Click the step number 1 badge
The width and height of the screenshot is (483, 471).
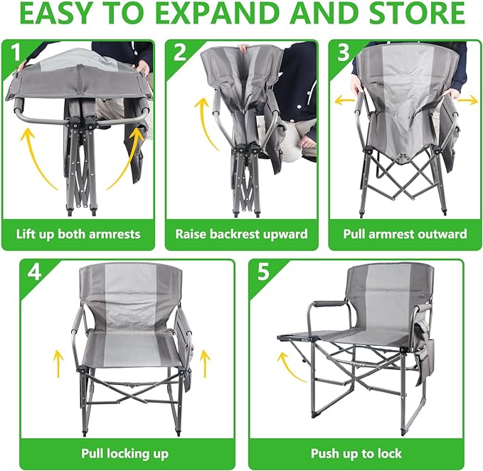[x=16, y=52]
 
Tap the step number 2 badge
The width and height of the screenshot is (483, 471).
[x=180, y=52]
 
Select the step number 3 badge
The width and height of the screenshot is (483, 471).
[x=344, y=52]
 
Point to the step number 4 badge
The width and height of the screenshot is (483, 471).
[x=34, y=272]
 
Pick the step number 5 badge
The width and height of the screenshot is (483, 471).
[x=263, y=272]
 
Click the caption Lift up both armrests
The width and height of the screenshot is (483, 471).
[x=78, y=234]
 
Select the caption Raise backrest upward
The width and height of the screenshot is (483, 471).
[x=242, y=234]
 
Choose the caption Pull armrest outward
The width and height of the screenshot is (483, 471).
[x=405, y=234]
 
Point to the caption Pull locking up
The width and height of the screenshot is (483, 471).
[x=125, y=454]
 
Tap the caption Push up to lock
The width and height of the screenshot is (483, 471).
[x=356, y=454]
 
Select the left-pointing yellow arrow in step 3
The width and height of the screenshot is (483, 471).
[x=345, y=100]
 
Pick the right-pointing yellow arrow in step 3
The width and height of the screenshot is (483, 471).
[x=467, y=100]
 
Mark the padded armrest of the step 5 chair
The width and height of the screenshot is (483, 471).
[x=325, y=304]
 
